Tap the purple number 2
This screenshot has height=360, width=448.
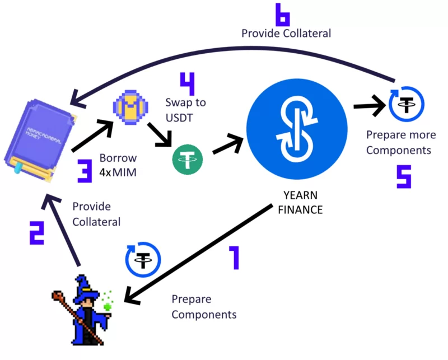point(36,233)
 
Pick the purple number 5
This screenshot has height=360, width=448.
point(403,175)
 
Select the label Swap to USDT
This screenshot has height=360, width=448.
point(185,109)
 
